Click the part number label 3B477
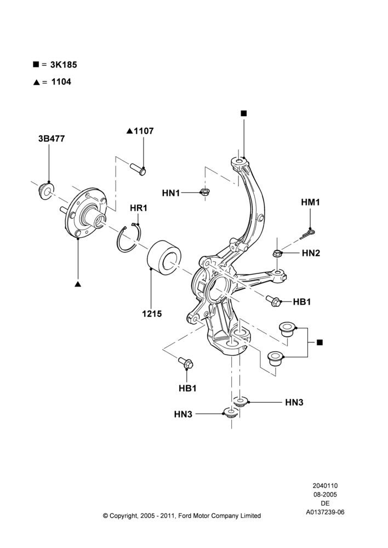coord(52,139)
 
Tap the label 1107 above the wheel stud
coord(144,131)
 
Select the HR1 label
coord(139,208)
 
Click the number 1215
coord(152,314)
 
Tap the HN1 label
coord(171,193)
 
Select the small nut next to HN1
coord(203,192)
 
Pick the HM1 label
coord(310,202)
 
